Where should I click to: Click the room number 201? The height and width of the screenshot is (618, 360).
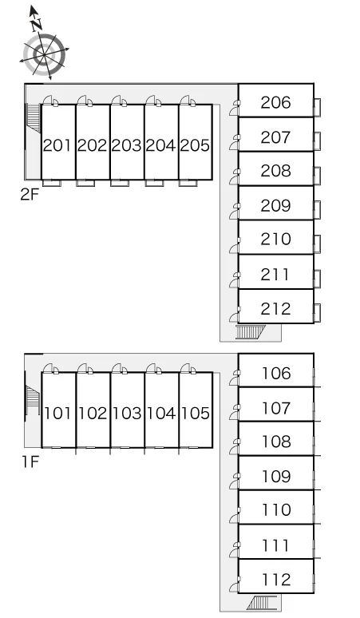point(57,145)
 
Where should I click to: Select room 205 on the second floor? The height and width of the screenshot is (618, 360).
point(196,142)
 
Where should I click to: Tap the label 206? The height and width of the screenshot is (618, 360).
point(275,102)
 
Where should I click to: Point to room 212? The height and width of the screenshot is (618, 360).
point(276,307)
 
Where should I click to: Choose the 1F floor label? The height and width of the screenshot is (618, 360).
point(30,462)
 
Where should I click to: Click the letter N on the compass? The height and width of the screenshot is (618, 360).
point(37,26)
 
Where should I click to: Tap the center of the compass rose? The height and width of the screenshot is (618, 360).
point(44,54)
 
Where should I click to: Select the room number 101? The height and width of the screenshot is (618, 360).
point(58,413)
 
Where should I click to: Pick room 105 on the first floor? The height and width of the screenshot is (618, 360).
point(196,410)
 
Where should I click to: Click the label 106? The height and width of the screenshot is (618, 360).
point(276,373)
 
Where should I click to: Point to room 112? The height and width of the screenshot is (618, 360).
point(276,576)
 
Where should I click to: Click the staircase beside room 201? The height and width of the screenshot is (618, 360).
point(33,118)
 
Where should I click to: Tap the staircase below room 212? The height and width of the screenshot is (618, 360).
point(251,332)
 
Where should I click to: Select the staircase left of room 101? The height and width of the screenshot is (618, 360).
point(33,400)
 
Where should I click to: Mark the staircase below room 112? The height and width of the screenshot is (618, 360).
point(262,603)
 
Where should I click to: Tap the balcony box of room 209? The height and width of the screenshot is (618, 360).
point(317,210)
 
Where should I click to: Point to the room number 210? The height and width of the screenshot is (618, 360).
point(275,239)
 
